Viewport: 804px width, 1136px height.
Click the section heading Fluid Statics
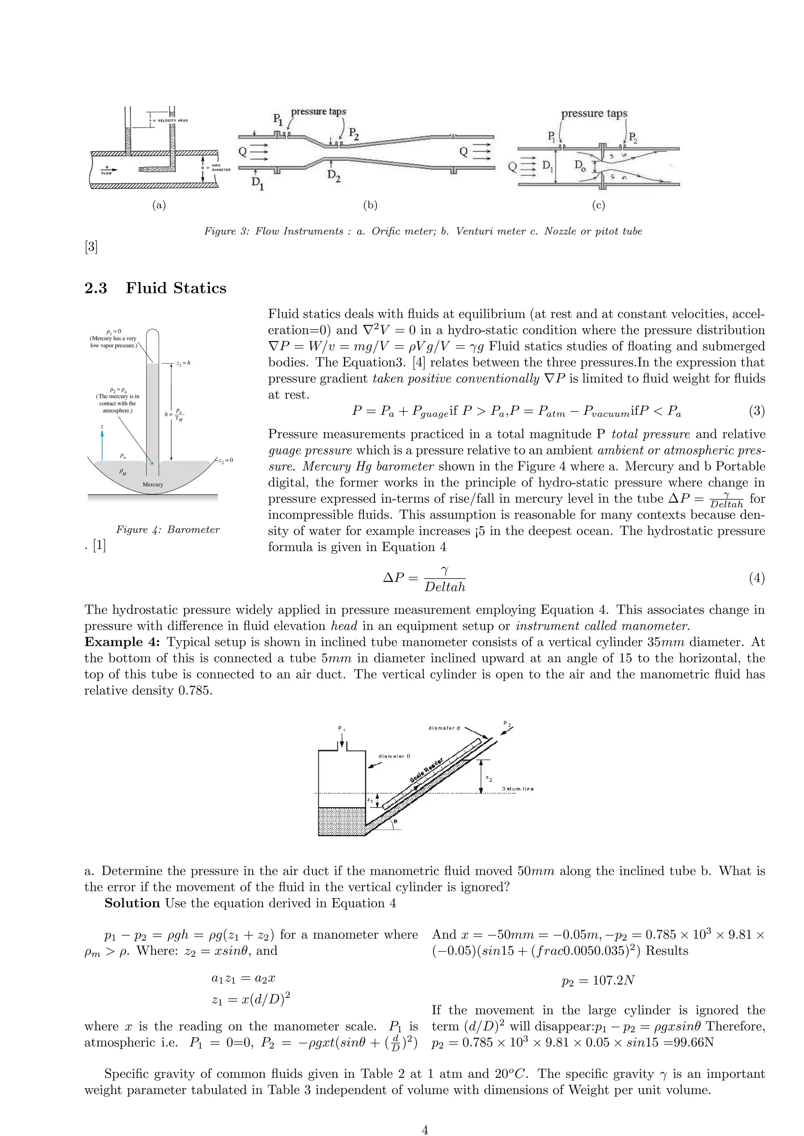[176, 288]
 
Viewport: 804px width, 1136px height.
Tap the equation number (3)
[756, 411]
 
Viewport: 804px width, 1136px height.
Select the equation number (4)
[756, 578]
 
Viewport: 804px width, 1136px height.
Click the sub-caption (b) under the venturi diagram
[370, 205]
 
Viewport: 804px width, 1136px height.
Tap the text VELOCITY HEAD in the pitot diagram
[171, 120]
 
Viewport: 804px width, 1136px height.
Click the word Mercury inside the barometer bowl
[152, 484]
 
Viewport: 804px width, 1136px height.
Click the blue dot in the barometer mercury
[152, 464]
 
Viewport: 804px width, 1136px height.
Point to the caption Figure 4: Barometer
[168, 530]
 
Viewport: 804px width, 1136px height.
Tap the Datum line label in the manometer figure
[517, 789]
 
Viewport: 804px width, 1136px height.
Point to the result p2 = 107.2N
[598, 981]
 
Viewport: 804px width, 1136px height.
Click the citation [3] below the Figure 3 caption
[91, 246]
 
